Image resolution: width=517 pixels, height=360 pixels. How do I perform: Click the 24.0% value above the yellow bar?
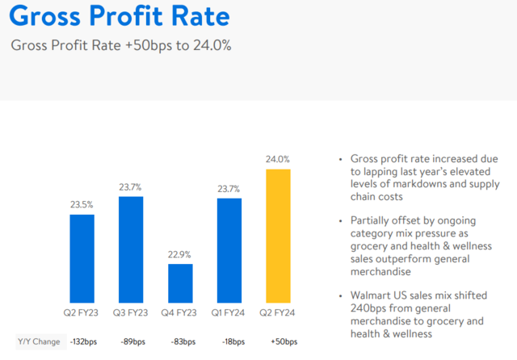point(278,159)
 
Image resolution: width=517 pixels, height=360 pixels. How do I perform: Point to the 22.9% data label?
point(180,254)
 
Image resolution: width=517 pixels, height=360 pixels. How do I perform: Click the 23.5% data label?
point(82,204)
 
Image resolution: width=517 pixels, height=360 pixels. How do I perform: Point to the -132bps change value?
point(82,341)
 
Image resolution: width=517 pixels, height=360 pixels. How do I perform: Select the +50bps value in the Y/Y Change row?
point(278,341)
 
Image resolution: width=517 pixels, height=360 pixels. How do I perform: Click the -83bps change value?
point(180,341)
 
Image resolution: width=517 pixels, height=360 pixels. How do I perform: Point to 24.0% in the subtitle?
point(212,45)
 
